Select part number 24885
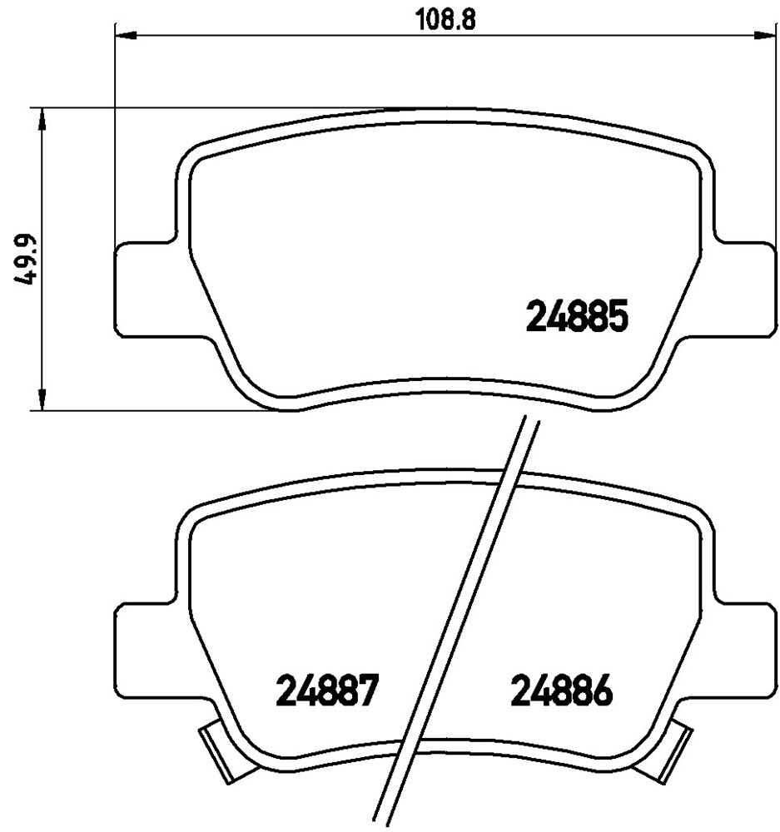(x=577, y=316)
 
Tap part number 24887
(x=327, y=691)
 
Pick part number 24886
(x=561, y=691)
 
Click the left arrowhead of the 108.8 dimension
(x=127, y=36)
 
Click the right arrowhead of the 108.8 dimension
(x=765, y=36)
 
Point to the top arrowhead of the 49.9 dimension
(x=42, y=119)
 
